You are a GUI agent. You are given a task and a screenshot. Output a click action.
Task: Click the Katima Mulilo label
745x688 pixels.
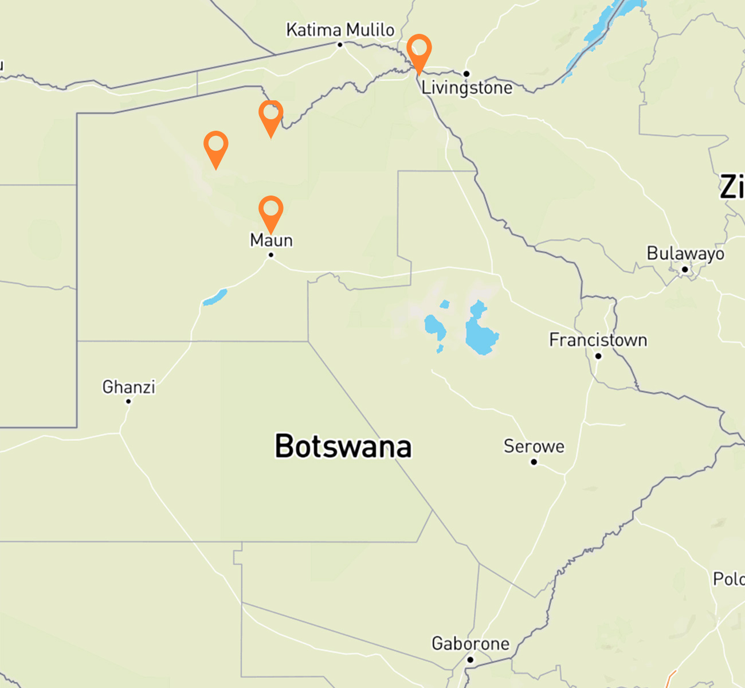(x=340, y=30)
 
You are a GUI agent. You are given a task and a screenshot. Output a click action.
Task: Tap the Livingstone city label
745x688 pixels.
(x=467, y=88)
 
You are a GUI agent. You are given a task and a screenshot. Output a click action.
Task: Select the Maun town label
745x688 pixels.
(x=272, y=240)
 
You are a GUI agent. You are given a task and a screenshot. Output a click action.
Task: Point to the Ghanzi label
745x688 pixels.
(x=129, y=387)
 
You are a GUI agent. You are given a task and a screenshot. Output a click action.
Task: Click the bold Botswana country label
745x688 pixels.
(x=343, y=446)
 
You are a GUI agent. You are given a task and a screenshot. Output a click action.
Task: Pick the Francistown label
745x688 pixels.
(x=598, y=340)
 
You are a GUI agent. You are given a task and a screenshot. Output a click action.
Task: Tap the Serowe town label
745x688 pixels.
(x=534, y=446)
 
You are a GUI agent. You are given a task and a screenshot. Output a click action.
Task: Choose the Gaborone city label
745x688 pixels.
(x=470, y=643)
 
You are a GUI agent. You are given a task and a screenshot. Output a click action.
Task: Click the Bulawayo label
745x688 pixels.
(x=685, y=253)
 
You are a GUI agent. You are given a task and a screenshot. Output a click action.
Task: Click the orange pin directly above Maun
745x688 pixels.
(x=271, y=210)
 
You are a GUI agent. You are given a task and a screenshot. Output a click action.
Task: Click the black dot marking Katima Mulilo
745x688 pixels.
(x=340, y=45)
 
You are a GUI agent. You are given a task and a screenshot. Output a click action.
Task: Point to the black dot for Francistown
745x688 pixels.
(x=598, y=356)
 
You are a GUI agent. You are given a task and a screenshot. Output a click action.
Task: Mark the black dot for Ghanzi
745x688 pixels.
(x=128, y=401)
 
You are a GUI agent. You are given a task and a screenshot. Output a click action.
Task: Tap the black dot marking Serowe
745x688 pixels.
(x=534, y=462)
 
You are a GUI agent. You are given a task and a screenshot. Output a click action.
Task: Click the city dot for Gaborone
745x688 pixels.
(x=470, y=660)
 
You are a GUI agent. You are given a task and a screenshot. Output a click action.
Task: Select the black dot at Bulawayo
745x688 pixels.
(x=685, y=269)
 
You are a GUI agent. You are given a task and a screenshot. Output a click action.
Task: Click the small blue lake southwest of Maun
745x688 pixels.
(x=215, y=298)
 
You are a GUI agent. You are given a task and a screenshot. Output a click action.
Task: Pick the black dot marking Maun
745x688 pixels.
(x=271, y=255)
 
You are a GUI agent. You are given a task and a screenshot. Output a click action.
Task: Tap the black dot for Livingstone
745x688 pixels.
(x=466, y=73)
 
